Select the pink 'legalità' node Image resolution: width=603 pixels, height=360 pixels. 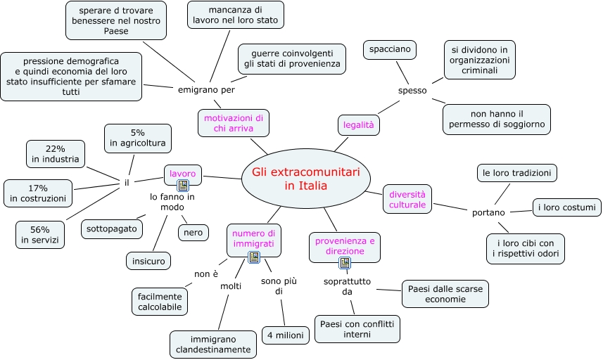[359, 124]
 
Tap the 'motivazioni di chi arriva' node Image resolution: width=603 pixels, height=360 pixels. [234, 123]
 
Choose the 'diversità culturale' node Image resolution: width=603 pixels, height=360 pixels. [408, 199]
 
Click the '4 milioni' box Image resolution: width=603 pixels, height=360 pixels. [285, 335]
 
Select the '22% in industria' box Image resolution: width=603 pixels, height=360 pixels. [56, 154]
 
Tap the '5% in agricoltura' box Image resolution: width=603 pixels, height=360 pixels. [137, 138]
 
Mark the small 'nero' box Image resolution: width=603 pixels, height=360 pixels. [193, 232]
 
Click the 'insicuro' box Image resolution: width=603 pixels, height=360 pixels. [148, 262]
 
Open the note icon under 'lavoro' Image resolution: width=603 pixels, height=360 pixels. [183, 186]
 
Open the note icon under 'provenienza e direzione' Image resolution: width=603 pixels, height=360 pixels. [345, 263]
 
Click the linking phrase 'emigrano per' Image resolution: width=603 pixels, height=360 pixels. [206, 89]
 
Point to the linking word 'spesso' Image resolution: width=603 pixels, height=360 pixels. [412, 90]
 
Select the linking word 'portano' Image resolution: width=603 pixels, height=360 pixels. [488, 212]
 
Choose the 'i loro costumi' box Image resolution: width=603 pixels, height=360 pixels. [566, 207]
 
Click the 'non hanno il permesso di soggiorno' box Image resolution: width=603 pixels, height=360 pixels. [497, 120]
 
